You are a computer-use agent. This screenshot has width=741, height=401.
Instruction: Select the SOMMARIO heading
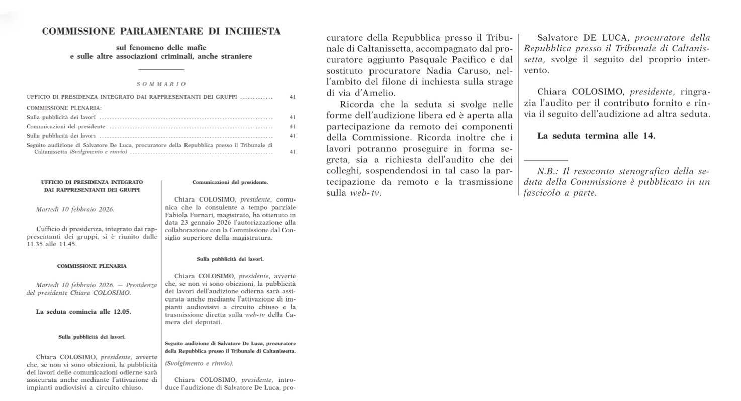[161, 84]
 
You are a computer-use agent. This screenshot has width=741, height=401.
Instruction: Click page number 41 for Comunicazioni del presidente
[292, 127]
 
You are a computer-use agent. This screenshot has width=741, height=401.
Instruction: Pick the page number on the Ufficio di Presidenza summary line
[292, 97]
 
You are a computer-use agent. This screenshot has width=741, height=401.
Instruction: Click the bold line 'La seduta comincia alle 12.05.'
[83, 312]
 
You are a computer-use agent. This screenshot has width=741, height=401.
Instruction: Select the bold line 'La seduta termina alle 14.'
[596, 136]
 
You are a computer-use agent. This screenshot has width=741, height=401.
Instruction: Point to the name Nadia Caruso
[458, 71]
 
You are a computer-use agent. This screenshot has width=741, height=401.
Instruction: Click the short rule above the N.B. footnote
[545, 160]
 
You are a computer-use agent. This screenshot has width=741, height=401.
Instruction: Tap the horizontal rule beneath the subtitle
[161, 69]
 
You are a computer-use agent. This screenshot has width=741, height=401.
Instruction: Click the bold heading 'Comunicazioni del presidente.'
[230, 182]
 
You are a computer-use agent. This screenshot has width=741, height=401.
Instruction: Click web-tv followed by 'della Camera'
[255, 315]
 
